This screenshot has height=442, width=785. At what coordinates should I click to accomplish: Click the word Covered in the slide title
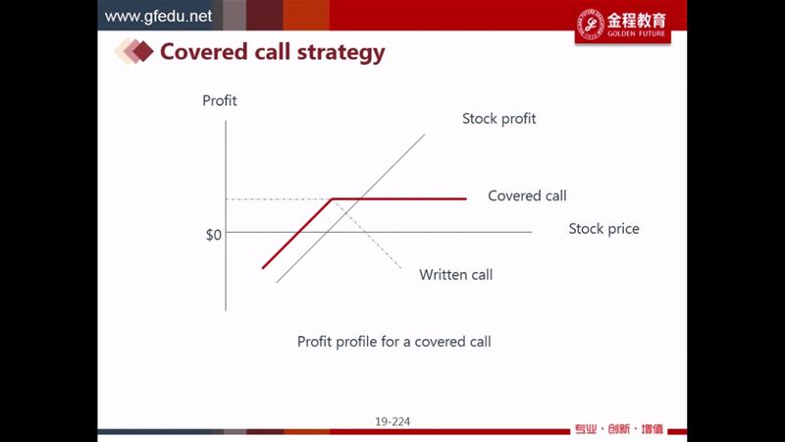click(204, 52)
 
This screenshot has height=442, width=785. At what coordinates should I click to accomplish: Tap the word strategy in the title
click(341, 53)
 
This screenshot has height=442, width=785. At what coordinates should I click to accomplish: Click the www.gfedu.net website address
click(158, 16)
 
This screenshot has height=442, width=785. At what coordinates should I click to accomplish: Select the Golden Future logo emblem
click(591, 24)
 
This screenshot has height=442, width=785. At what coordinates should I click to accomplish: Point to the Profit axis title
click(219, 101)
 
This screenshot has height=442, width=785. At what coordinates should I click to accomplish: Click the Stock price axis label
click(603, 229)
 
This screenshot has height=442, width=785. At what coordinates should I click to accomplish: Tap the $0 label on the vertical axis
click(214, 235)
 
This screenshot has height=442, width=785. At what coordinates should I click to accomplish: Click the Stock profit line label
click(498, 119)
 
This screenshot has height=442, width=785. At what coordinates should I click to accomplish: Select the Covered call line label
click(527, 195)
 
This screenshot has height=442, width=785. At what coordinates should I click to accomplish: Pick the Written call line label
click(455, 275)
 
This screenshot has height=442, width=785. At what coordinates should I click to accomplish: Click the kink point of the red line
click(332, 199)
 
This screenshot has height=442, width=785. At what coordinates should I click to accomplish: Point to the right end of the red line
click(467, 199)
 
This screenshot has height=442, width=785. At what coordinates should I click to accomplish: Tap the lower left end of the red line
click(263, 267)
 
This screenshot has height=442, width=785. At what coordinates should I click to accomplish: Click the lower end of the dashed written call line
click(401, 268)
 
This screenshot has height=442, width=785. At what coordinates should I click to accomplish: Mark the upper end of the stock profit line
click(425, 135)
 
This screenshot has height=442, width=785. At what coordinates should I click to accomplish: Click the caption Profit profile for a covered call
click(394, 342)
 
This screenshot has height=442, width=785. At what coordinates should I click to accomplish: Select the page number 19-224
click(392, 422)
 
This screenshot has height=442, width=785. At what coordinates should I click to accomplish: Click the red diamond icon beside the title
click(142, 52)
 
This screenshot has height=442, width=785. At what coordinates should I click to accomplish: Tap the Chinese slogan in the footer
click(619, 429)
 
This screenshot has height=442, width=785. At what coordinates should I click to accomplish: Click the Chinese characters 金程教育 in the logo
click(637, 21)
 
